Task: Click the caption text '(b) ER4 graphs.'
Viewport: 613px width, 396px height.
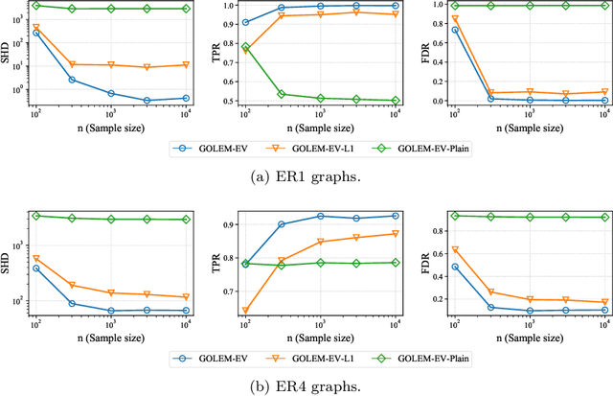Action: (306, 387)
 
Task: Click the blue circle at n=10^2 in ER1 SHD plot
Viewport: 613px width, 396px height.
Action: (36, 33)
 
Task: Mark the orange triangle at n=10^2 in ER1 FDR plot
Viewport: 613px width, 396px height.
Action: (454, 19)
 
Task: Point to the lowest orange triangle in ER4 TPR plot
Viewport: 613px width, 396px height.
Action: (246, 311)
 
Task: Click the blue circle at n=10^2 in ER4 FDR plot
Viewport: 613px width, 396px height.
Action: (454, 267)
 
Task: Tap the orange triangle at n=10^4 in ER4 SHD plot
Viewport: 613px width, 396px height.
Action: (186, 297)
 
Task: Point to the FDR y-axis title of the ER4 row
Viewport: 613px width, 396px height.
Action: (425, 262)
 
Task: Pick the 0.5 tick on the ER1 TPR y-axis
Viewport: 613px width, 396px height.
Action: (230, 101)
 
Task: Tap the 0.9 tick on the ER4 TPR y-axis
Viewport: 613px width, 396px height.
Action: (230, 224)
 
